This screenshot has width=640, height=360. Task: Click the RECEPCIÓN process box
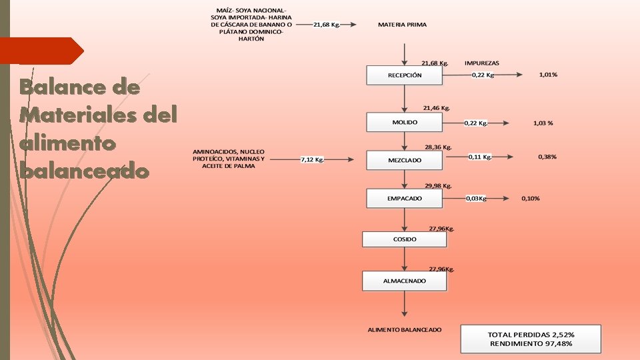coord(404,75)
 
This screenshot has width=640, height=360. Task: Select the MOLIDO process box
coord(404,123)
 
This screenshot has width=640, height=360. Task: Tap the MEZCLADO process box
coord(404,161)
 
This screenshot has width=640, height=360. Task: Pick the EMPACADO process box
coord(404,199)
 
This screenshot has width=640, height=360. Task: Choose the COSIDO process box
coord(404,239)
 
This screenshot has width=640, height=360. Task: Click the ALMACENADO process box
coord(404,281)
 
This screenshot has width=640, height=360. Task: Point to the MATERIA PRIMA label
coord(402,25)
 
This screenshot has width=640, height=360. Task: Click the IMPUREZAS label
coord(481,63)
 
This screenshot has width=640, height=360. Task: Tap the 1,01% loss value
coord(548,75)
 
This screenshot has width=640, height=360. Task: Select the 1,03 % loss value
coord(544,123)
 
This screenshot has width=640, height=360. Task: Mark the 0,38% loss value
coord(547,157)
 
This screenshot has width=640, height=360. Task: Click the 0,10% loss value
coord(531,199)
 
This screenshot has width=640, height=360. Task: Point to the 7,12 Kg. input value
coord(312,160)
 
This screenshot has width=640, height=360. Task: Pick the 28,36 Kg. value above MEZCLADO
coord(438,147)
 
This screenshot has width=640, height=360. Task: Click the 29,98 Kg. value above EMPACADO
coord(438,186)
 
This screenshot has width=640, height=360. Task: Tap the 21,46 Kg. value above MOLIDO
coord(437,107)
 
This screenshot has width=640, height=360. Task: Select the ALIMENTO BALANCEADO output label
coord(404,330)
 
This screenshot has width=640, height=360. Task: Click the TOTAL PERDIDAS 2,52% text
coord(531,334)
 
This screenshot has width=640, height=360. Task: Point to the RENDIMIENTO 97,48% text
coord(531,343)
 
